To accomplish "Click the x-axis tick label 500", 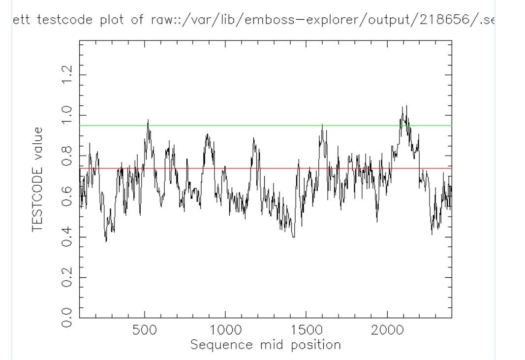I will coord(145,330).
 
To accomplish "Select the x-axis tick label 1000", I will coord(225,330).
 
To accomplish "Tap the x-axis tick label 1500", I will coord(306,330).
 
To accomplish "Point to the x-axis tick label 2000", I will coord(387,330).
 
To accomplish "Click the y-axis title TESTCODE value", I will coord(38,179).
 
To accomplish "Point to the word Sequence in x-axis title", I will coord(218,344).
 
